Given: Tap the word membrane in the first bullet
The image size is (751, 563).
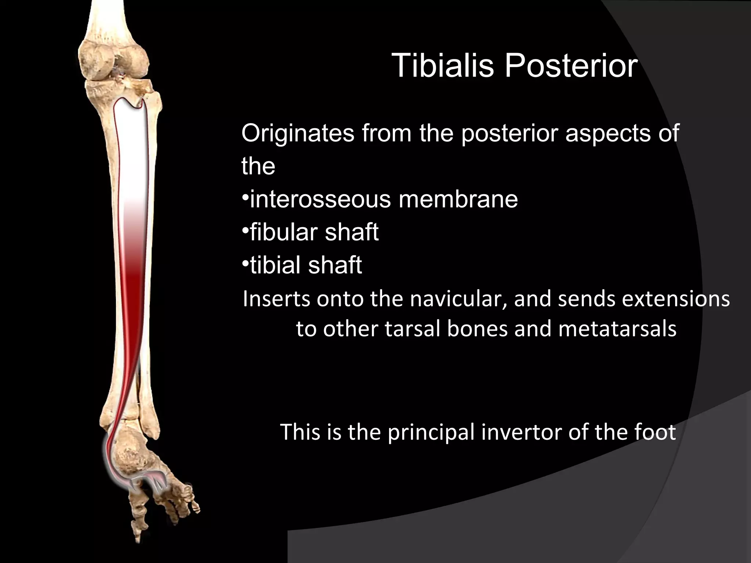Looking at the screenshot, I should [458, 199].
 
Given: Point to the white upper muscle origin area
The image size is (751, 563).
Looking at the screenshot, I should [131, 147].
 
